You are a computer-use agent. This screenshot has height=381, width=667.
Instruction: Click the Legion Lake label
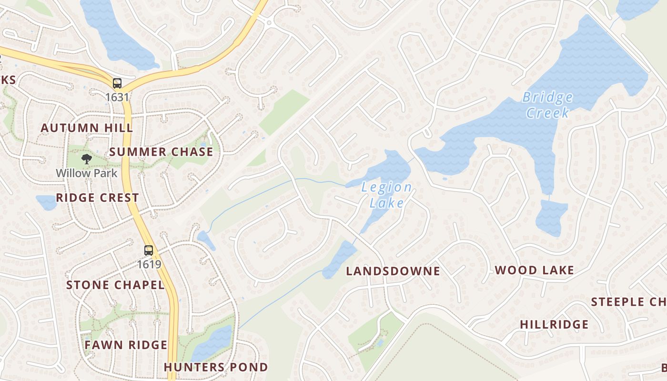click(386, 195)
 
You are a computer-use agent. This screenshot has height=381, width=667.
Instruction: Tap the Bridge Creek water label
click(547, 105)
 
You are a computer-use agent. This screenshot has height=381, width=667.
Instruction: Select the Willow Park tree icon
click(86, 159)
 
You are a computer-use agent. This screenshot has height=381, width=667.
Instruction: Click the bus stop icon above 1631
click(117, 83)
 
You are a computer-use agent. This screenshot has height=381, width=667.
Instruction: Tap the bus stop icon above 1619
click(149, 250)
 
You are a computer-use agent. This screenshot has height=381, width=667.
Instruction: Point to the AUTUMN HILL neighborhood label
click(87, 128)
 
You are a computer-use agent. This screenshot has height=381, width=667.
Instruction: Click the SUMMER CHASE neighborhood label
click(161, 152)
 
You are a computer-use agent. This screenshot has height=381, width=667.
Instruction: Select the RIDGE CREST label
click(98, 198)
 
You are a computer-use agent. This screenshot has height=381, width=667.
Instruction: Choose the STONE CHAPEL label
click(115, 285)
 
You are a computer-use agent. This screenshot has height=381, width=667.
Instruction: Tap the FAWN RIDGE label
click(126, 345)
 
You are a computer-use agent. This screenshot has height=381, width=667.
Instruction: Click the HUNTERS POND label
click(216, 367)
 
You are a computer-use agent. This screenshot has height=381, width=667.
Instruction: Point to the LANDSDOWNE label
click(393, 271)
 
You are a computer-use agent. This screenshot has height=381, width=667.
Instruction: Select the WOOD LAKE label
click(535, 271)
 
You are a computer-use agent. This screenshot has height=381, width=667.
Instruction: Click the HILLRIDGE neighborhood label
click(554, 325)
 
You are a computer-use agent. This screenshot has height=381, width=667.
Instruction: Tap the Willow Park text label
click(87, 173)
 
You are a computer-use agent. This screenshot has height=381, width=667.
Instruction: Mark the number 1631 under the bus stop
click(117, 97)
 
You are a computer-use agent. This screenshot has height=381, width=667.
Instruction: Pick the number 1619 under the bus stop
click(149, 264)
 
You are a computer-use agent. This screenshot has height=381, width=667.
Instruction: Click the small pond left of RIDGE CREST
click(46, 202)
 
